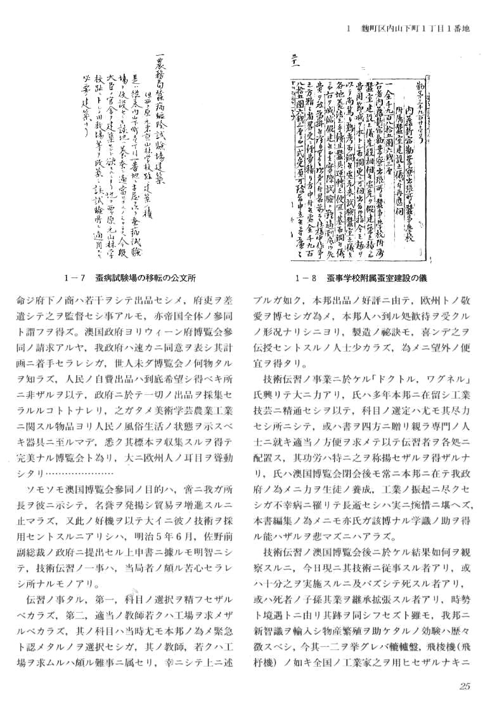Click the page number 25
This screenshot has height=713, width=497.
point(463,686)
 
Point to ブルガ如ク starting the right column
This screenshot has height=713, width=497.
point(280,297)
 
